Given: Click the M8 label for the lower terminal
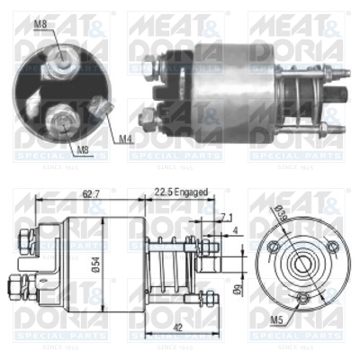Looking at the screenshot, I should click(81, 149).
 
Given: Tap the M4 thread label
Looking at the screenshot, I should click(125, 139).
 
